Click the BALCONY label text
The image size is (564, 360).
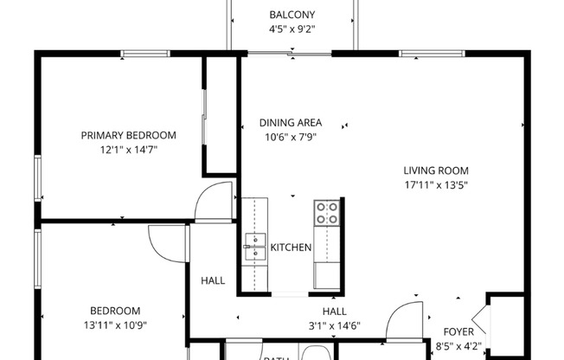292,15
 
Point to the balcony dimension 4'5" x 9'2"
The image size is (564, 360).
292,29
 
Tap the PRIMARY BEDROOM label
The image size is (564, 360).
128,135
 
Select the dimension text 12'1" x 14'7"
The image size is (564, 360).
128,149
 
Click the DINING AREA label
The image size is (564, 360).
291,123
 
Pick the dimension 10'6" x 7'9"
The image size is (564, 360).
291,137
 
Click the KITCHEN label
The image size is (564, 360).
291,248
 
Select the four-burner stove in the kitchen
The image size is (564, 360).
327,213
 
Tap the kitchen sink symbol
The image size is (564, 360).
255,247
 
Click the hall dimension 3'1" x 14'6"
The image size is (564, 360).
335,325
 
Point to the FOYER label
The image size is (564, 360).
458,331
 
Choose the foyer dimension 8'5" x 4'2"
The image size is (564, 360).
458,345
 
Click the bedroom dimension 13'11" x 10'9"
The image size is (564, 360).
115,325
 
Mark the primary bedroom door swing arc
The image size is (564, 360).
212,201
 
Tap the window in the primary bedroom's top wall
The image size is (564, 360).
144,54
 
